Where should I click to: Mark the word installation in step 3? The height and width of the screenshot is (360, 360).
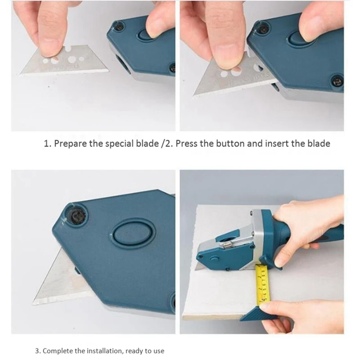click(103, 351)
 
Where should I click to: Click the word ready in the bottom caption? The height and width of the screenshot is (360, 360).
click(134, 351)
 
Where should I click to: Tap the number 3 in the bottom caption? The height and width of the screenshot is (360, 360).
click(37, 351)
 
